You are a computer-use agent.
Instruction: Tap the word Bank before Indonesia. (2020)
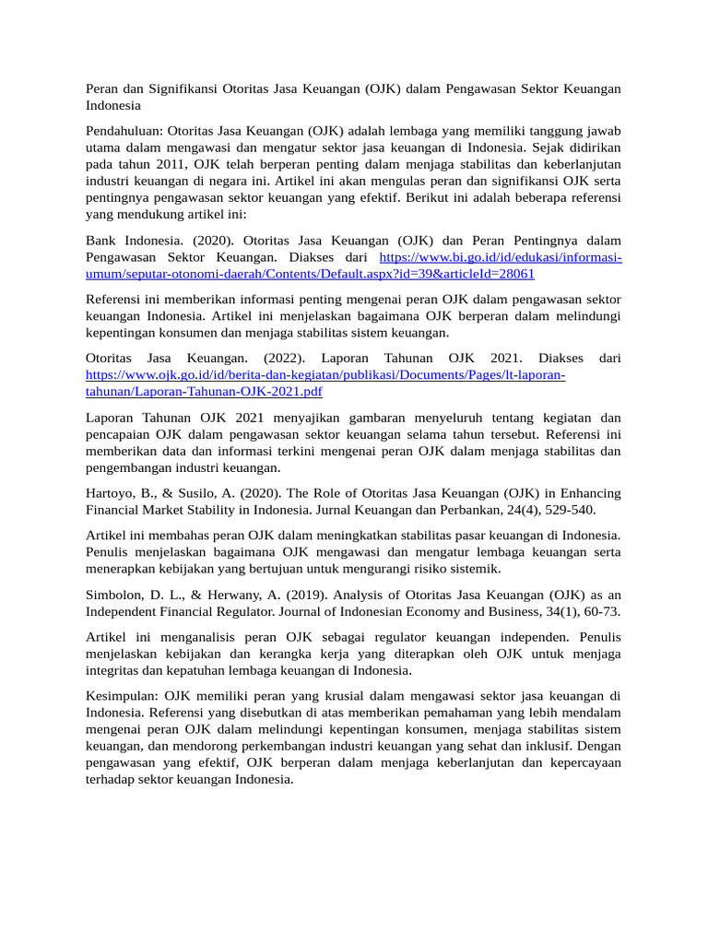tap(100, 241)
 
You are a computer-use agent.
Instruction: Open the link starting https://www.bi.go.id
tap(501, 257)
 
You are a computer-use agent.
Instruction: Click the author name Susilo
tap(201, 492)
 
